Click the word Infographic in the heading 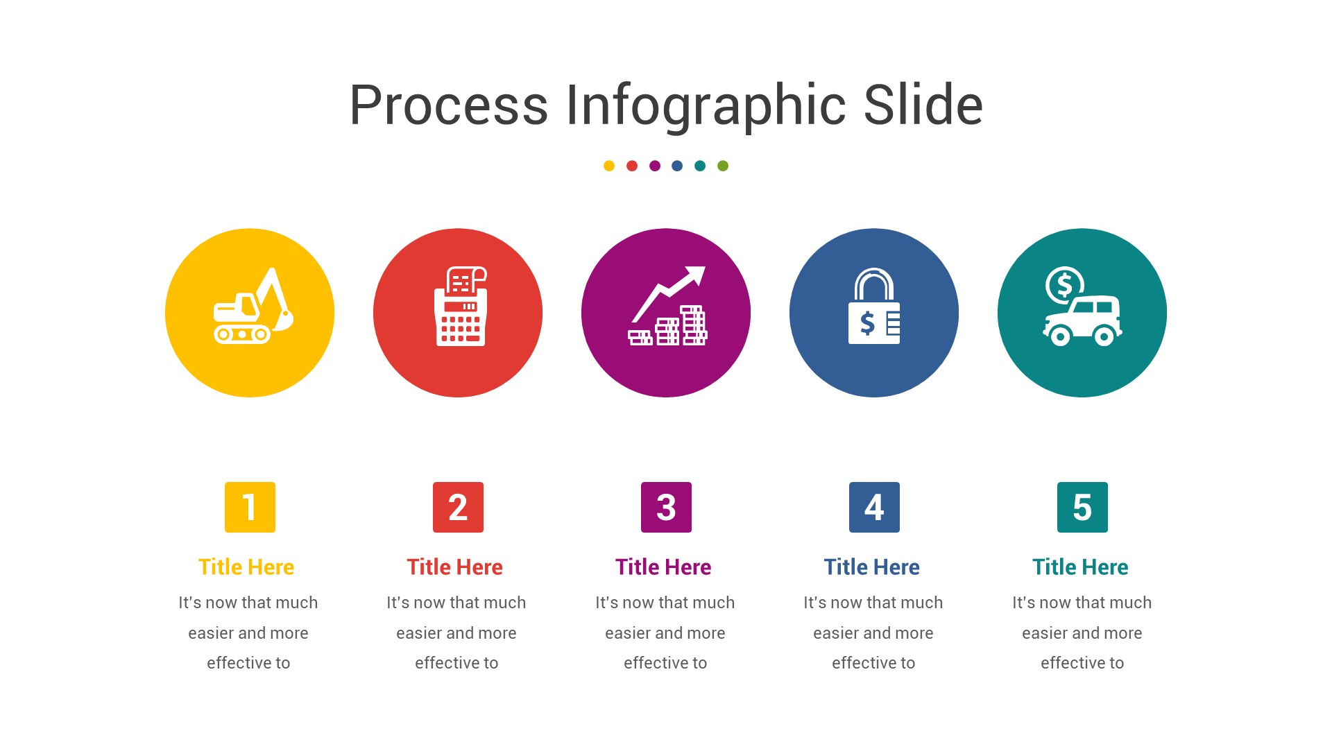pyautogui.click(x=706, y=105)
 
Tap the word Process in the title pyautogui.click(x=448, y=105)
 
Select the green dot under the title pyautogui.click(x=723, y=166)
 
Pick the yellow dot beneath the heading pyautogui.click(x=609, y=166)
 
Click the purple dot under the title pyautogui.click(x=655, y=166)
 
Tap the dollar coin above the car pyautogui.click(x=1064, y=284)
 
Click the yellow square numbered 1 pyautogui.click(x=250, y=507)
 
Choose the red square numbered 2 pyautogui.click(x=458, y=507)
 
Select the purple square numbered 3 pyautogui.click(x=666, y=507)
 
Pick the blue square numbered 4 pyautogui.click(x=874, y=507)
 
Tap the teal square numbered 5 pyautogui.click(x=1082, y=507)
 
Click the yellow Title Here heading pyautogui.click(x=246, y=567)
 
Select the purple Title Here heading pyautogui.click(x=663, y=567)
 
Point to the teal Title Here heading pyautogui.click(x=1080, y=567)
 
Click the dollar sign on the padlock pyautogui.click(x=867, y=323)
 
